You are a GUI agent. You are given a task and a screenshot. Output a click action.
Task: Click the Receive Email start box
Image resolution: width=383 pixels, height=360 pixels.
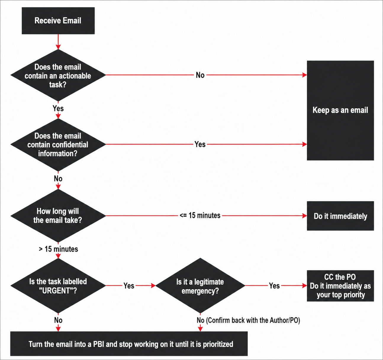pos(58,21)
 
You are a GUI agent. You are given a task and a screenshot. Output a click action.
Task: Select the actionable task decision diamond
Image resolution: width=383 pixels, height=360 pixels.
pos(58,75)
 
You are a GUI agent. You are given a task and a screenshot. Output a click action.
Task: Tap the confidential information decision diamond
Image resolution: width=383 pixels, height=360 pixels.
pos(58,145)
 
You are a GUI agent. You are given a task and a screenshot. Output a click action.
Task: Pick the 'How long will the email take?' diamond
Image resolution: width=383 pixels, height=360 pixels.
pos(58,216)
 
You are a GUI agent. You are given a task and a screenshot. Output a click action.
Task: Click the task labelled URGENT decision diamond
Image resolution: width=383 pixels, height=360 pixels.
pos(58,286)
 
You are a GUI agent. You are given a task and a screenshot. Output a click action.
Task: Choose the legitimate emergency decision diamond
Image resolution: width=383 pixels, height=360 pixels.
pos(200,286)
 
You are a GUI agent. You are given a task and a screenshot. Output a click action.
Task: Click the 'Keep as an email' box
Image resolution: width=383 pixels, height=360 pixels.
pos(340,110)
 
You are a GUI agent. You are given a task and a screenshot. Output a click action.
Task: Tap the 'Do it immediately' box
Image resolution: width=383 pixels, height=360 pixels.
pos(340,216)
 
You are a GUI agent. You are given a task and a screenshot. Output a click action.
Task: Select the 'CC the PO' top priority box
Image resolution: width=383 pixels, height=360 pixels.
pos(340,286)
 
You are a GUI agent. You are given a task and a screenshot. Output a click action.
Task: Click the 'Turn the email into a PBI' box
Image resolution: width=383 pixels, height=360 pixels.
pos(129,344)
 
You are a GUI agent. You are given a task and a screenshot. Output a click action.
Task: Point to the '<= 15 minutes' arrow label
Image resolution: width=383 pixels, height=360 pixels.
pos(200,216)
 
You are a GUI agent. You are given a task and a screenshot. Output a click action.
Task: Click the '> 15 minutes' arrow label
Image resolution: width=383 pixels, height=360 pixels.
pos(58,249)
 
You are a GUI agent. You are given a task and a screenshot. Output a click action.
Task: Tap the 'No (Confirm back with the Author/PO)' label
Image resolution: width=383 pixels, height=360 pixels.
pos(248,320)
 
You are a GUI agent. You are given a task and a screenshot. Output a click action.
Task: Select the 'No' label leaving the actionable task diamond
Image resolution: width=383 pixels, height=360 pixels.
pos(200,75)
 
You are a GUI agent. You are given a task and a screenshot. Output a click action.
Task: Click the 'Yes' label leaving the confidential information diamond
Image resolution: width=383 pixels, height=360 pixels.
pos(200,144)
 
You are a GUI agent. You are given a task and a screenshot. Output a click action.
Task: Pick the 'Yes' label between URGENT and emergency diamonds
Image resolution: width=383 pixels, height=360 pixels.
pos(129,286)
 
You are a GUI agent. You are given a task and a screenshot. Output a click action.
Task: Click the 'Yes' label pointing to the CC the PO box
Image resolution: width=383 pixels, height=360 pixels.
pos(274,286)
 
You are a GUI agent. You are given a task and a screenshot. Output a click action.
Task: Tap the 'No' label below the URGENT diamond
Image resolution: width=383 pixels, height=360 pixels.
pos(58,320)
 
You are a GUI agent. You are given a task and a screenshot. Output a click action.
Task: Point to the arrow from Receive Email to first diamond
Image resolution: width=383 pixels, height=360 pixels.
pos(58,42)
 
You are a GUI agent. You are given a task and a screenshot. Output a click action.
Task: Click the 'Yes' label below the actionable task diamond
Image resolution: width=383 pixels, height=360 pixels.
pos(58,108)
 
